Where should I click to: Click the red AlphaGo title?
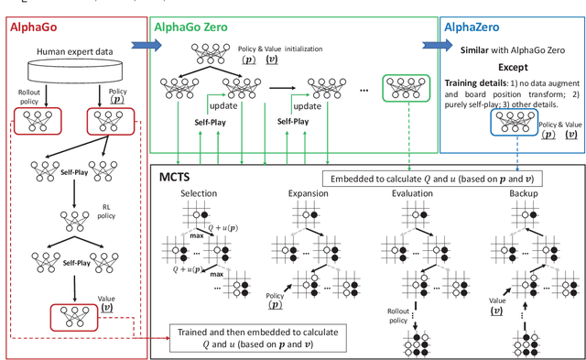coord(36,28)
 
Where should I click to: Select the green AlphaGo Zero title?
coord(196,28)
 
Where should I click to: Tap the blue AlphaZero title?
coord(473,28)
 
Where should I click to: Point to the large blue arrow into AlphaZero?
coord(429,42)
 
